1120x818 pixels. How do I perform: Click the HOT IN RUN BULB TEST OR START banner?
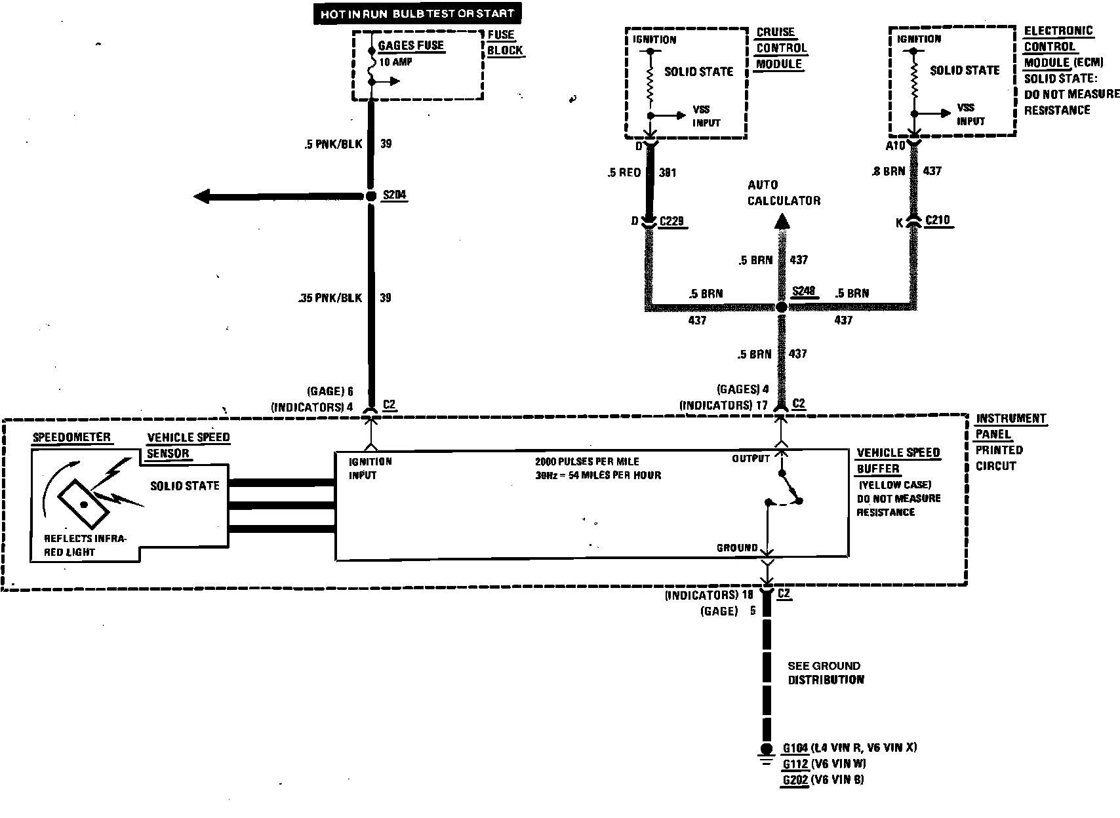(417, 13)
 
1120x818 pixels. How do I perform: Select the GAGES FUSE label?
(411, 46)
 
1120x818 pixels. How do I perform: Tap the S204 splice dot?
(370, 196)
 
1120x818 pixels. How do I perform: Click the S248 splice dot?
(781, 307)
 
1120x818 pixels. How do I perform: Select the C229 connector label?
(671, 221)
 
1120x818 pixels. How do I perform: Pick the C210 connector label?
(937, 220)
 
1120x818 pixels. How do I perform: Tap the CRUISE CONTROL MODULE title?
(780, 48)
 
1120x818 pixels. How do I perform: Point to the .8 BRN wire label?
(889, 171)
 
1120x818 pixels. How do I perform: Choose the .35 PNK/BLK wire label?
(329, 298)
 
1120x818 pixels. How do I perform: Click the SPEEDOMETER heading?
(71, 437)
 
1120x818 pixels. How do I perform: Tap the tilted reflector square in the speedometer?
(83, 503)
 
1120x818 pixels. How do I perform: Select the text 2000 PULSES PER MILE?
(587, 461)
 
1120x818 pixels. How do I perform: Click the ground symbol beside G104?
(765, 751)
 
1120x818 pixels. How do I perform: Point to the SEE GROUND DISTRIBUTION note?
(825, 673)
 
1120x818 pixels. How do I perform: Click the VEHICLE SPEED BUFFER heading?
(898, 461)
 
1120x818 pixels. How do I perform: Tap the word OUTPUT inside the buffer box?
(750, 459)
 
